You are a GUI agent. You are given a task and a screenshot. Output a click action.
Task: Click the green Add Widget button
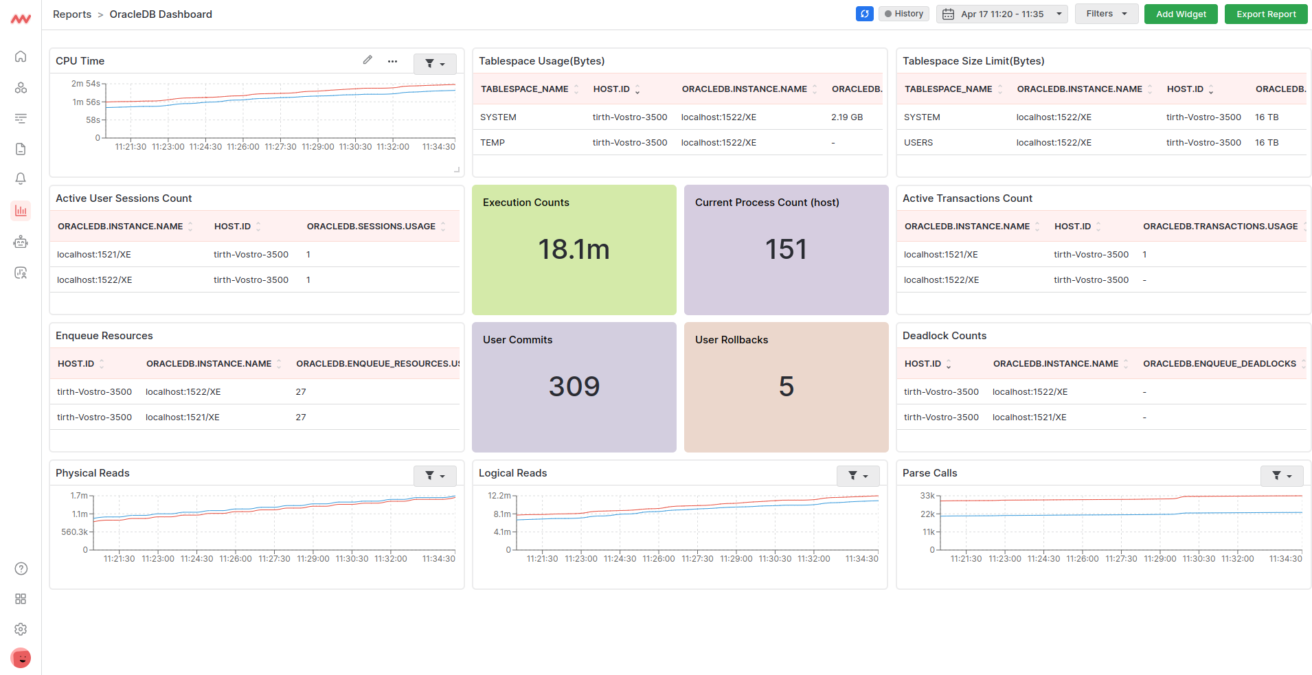pos(1180,14)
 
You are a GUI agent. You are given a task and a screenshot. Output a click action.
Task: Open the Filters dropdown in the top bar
pos(1106,14)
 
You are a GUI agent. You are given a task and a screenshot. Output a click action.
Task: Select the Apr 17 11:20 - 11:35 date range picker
pos(1002,14)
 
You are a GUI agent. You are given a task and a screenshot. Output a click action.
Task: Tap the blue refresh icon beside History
pos(864,14)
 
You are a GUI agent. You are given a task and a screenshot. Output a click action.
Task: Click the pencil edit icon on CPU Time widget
pos(367,60)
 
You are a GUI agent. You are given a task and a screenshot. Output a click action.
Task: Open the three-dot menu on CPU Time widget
pos(392,61)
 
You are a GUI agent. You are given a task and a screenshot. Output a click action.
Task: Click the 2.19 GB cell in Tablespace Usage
pos(846,117)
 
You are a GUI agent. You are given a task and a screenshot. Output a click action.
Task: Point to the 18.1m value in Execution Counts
pos(574,249)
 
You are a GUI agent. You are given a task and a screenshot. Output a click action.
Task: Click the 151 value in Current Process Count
pos(786,249)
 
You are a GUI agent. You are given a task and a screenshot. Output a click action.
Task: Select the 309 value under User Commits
pos(574,387)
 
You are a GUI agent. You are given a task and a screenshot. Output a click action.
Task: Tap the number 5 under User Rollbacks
pos(786,387)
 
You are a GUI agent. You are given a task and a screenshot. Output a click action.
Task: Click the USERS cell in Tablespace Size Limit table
pos(918,143)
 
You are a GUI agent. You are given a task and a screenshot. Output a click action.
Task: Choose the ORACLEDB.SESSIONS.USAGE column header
pos(371,227)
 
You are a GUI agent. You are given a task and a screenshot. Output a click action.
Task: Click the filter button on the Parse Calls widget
pos(1281,475)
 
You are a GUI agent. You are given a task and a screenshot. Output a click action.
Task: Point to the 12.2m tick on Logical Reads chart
pos(499,495)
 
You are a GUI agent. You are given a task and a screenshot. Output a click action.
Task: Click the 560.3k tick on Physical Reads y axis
pos(74,532)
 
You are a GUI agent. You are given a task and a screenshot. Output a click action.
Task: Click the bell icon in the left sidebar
pos(21,179)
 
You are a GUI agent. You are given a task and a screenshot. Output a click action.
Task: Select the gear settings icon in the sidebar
pos(21,629)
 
